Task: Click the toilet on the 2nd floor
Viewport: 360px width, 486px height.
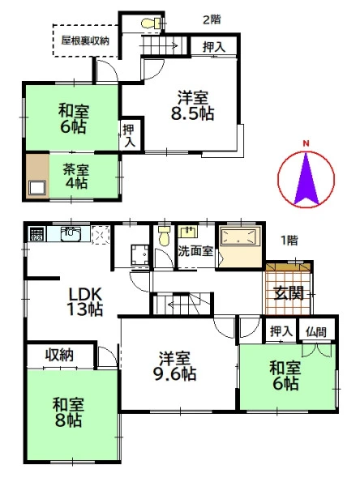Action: click(x=151, y=23)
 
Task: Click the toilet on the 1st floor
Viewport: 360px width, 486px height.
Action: click(x=164, y=236)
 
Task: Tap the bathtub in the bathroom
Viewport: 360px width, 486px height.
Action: click(x=238, y=237)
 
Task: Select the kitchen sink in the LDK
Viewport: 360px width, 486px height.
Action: click(x=71, y=234)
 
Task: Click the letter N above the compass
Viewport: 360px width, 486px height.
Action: click(x=306, y=143)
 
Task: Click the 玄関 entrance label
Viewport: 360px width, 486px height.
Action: click(x=289, y=292)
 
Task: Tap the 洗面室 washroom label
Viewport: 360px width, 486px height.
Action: click(x=195, y=251)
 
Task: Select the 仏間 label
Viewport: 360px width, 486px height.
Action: click(x=316, y=332)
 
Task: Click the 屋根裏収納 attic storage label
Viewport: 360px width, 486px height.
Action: click(x=85, y=40)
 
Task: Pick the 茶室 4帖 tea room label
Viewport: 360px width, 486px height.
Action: click(x=76, y=177)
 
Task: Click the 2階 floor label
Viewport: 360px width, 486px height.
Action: click(x=212, y=19)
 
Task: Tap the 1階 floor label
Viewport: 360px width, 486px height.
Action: click(x=289, y=241)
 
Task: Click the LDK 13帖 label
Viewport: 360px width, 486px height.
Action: click(x=85, y=302)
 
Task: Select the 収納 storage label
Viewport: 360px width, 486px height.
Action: click(x=59, y=355)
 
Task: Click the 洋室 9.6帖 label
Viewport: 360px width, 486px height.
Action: click(x=174, y=366)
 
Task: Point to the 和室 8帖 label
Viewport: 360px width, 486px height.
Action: click(x=68, y=412)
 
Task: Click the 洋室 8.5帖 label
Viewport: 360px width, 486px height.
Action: click(x=192, y=105)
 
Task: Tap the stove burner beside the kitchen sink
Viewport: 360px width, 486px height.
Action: click(x=37, y=234)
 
